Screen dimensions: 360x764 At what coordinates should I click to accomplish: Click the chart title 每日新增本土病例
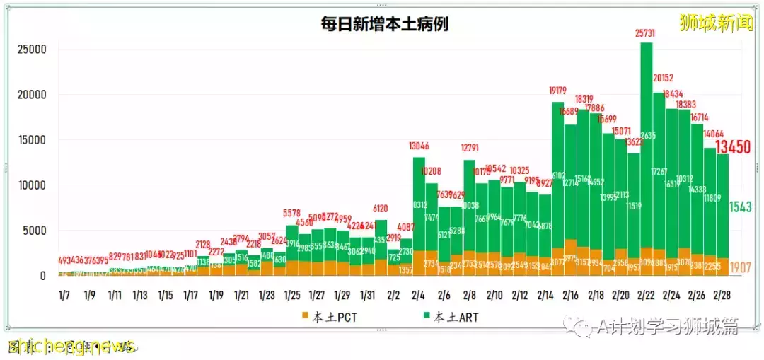click(384, 23)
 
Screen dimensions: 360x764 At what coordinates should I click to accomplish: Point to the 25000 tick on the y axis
click(32, 50)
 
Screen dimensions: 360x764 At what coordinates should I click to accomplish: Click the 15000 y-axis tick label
click(32, 140)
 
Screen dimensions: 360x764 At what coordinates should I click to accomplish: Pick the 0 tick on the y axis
click(42, 276)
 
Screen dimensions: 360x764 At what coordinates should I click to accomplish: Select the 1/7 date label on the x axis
click(64, 295)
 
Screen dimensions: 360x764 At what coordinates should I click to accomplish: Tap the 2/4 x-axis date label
click(418, 295)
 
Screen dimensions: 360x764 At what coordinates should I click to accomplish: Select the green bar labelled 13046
click(419, 205)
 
